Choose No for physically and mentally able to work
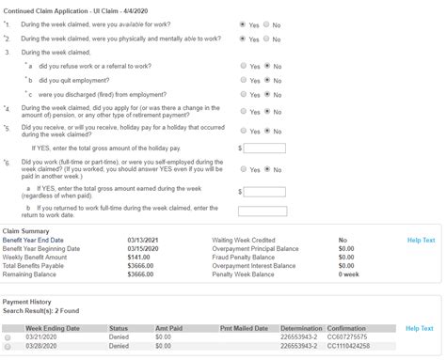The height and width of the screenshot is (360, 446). pyautogui.click(x=266, y=39)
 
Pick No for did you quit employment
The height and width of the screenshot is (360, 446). pyautogui.click(x=266, y=80)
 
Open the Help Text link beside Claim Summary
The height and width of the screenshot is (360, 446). pyautogui.click(x=421, y=240)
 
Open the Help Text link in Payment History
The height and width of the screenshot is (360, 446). pyautogui.click(x=421, y=328)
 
